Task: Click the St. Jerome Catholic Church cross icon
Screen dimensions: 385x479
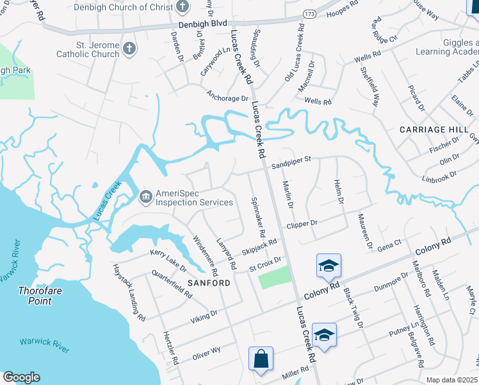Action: point(129,49)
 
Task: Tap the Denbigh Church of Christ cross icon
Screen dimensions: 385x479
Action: point(183,8)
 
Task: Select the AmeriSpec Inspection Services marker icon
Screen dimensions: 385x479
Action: point(145,196)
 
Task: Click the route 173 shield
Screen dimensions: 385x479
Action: point(309,13)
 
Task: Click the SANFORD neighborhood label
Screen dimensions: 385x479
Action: point(209,282)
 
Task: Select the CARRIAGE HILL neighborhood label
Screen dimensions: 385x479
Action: point(430,129)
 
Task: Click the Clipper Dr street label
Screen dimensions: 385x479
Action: point(302,224)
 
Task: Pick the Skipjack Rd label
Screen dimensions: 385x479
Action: point(259,246)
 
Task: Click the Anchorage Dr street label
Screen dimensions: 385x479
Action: point(227,98)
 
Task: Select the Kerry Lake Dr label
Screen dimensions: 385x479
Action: point(168,260)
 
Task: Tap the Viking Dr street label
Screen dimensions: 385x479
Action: point(205,314)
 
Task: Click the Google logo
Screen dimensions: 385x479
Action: point(21,377)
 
